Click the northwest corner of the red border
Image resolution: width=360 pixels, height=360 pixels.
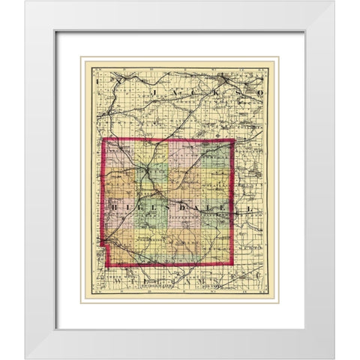[x=103, y=142]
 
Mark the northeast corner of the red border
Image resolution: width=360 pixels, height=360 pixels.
[x=234, y=139]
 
